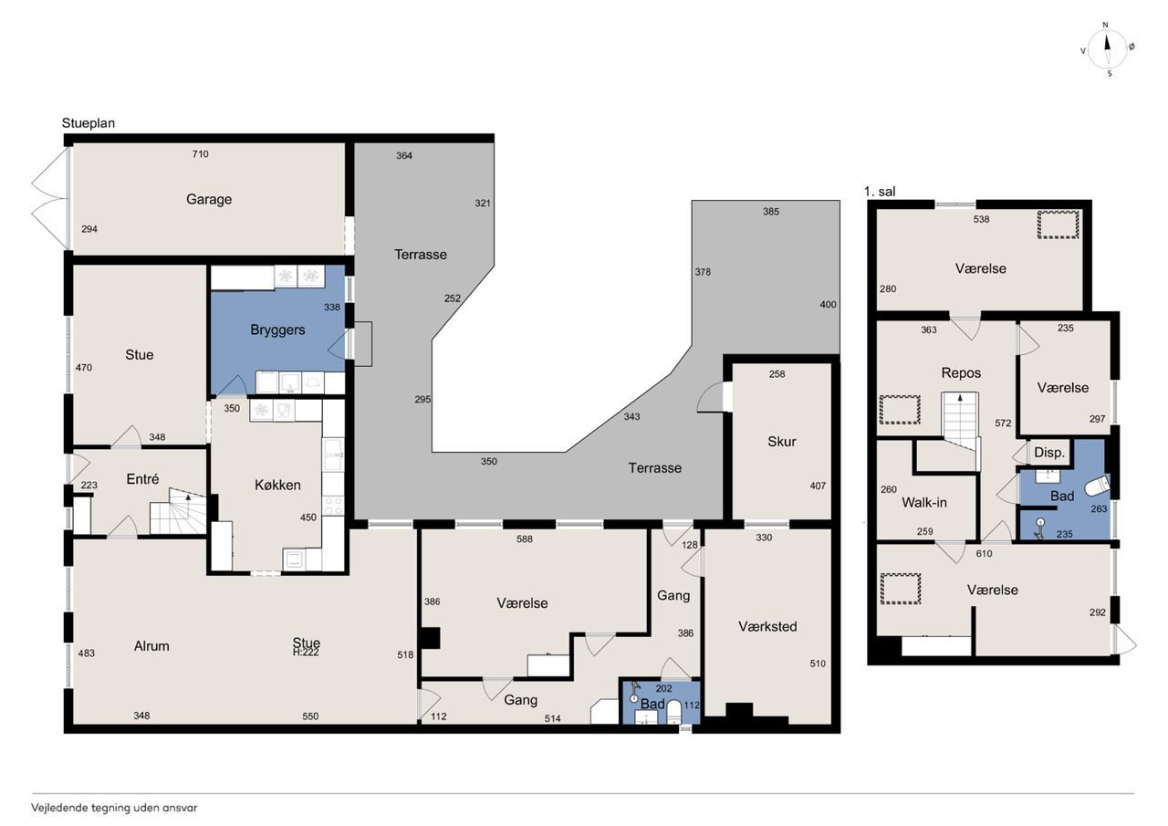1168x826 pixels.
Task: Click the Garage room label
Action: (209, 199)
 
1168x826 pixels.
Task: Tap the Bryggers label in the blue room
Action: (277, 329)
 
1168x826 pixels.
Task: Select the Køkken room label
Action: (277, 485)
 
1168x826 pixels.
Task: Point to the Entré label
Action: (142, 479)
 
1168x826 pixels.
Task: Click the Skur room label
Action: (782, 442)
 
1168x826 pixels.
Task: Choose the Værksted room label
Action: (767, 626)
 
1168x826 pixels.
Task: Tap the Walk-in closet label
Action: (924, 503)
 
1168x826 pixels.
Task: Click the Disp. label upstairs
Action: (1049, 453)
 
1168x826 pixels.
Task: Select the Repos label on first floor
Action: (961, 373)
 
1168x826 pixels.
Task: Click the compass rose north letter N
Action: (1105, 25)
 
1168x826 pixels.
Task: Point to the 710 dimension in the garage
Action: (200, 154)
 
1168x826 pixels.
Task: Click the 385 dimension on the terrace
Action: (771, 211)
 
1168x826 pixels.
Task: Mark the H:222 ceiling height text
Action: (306, 653)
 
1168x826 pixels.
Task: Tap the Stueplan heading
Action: (89, 123)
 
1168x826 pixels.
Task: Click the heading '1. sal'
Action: (880, 192)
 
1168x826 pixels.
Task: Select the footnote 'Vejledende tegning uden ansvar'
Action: (114, 808)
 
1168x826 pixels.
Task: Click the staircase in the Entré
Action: (178, 511)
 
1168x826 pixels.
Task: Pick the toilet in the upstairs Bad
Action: (1097, 486)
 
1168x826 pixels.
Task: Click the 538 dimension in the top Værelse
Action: (981, 219)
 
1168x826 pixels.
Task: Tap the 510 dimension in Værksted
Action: (818, 664)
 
